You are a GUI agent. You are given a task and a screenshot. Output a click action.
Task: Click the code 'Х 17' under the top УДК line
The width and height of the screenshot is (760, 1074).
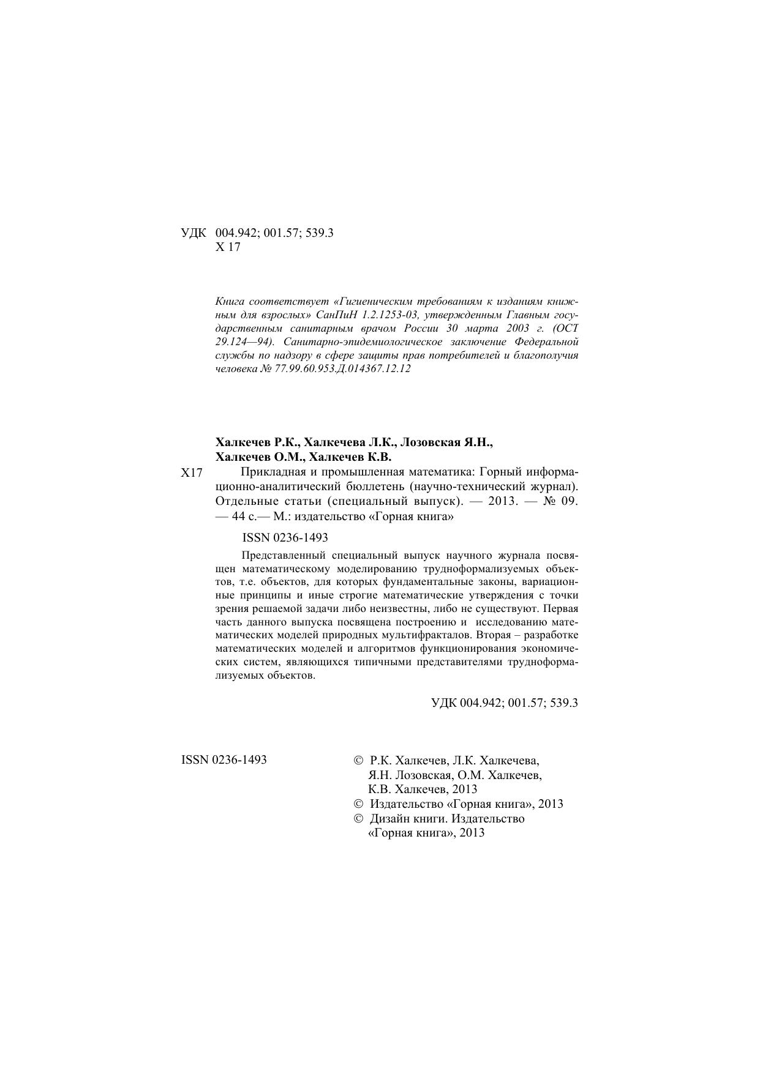[228, 248]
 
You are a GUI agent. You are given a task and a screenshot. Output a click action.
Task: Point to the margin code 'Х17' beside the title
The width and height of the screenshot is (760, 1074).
[192, 473]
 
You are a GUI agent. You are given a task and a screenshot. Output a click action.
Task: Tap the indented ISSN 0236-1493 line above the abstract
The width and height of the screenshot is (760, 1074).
[285, 538]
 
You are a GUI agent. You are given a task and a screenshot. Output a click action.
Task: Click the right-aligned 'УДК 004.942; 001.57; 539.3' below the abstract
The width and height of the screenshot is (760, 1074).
[505, 703]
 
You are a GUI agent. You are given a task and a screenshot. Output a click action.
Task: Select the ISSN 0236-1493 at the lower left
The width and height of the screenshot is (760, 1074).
[224, 761]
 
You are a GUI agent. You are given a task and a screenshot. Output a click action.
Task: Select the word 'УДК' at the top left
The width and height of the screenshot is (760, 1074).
[194, 233]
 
